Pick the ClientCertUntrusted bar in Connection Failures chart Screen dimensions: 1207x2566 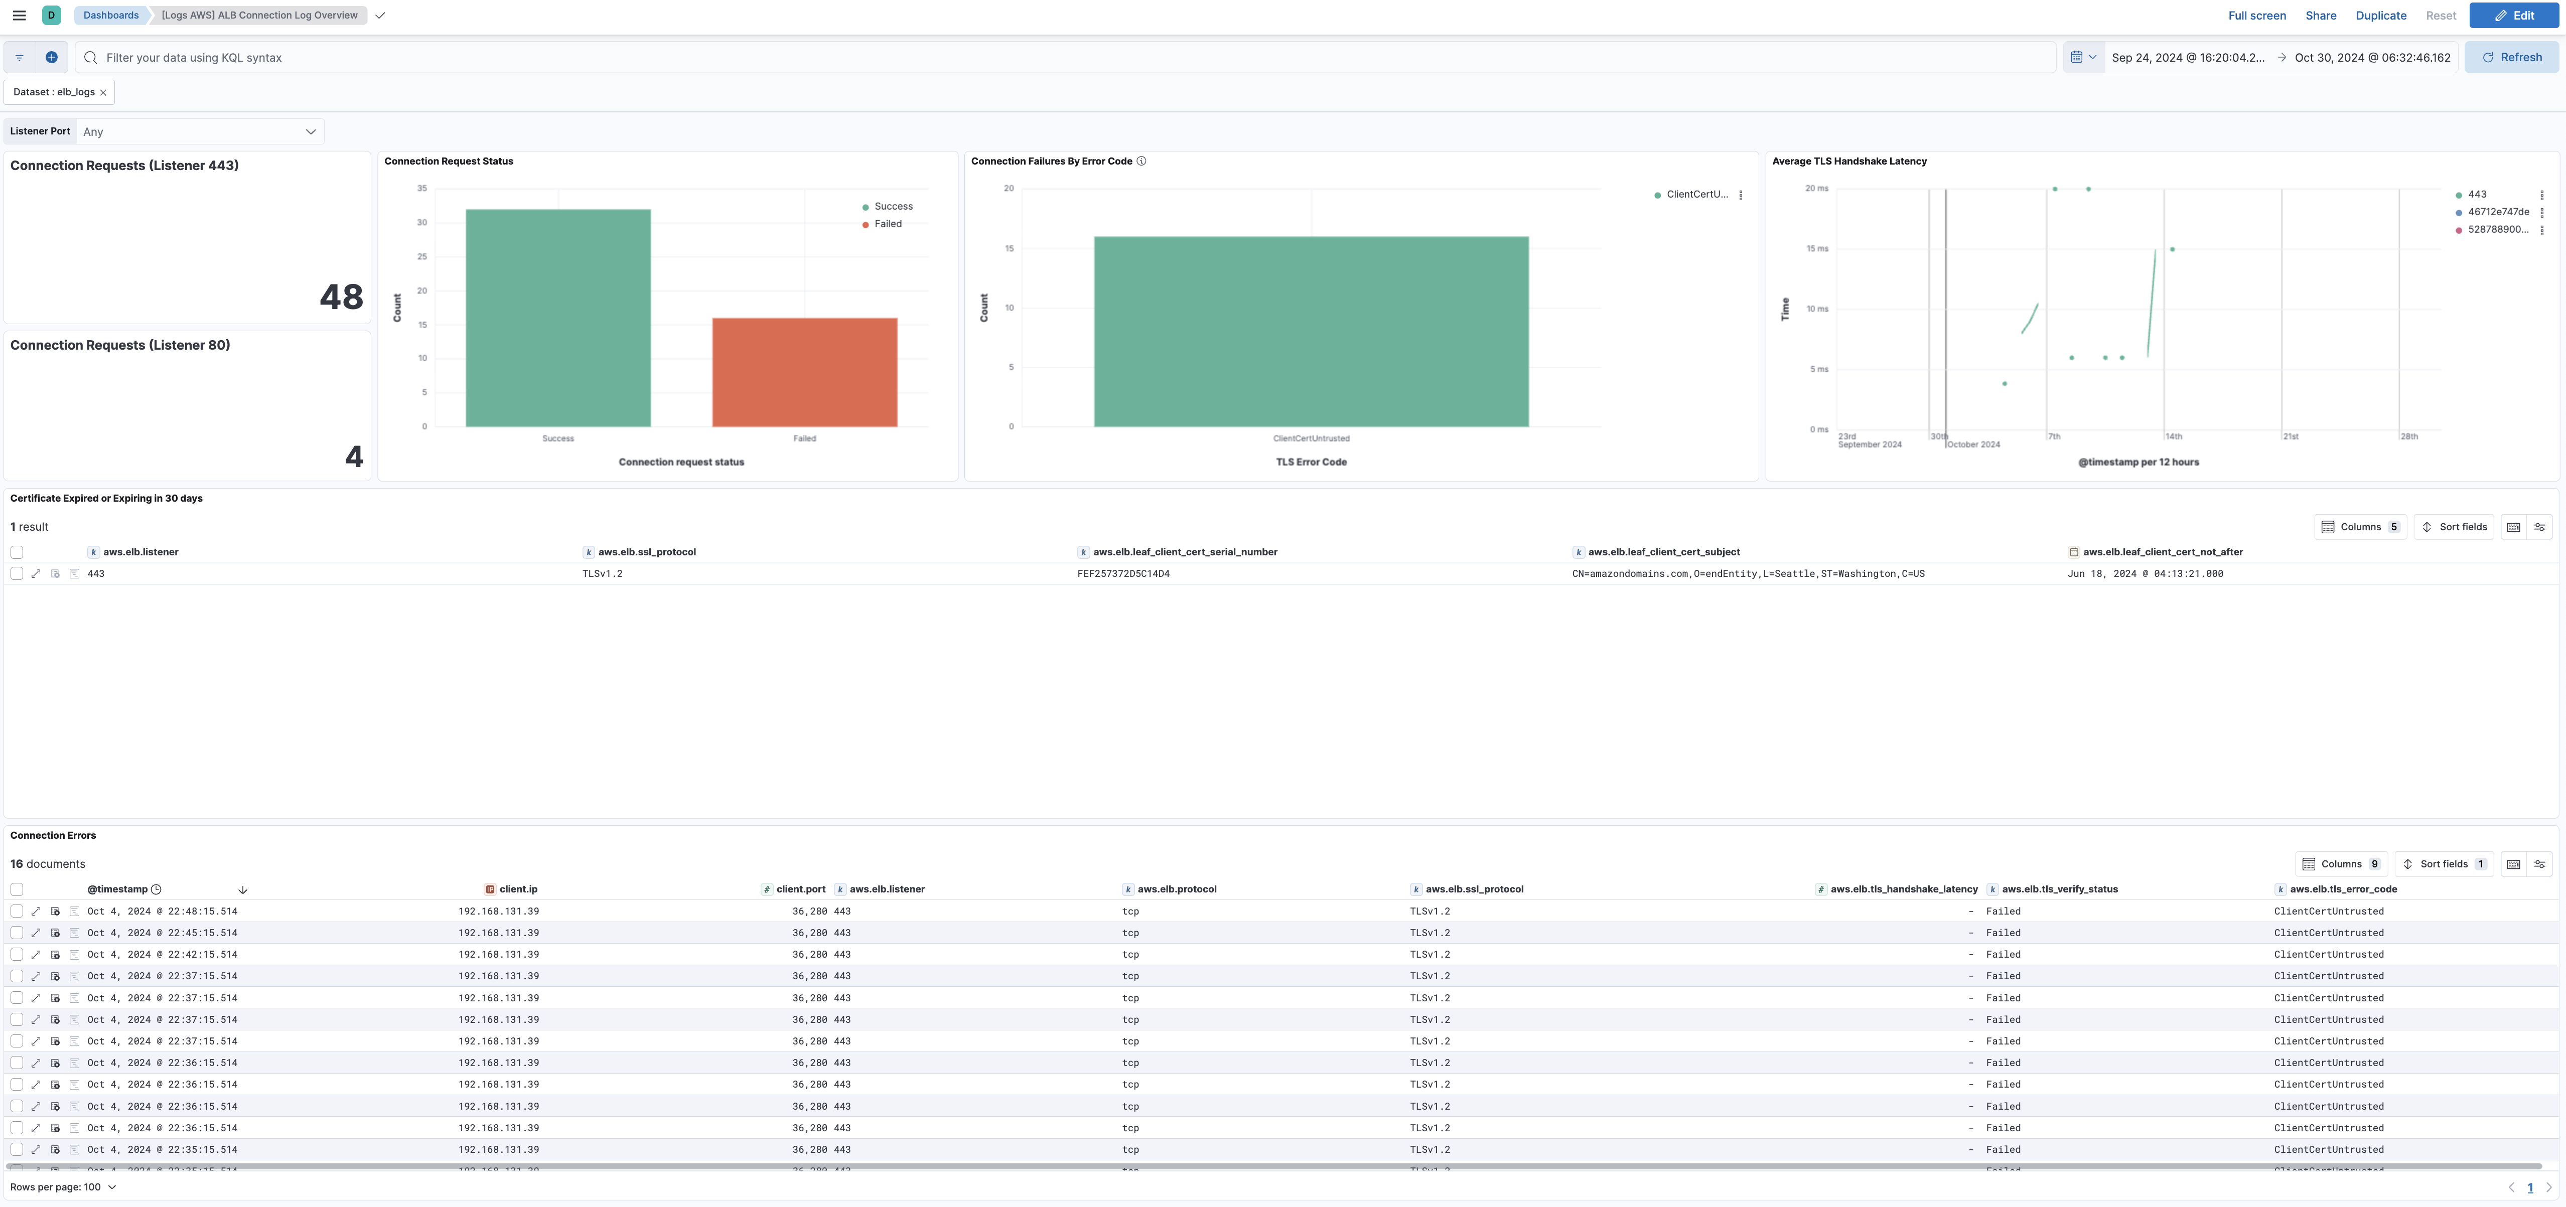1311,332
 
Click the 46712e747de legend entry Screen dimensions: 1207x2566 2497,212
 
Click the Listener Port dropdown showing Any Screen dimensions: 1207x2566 199,131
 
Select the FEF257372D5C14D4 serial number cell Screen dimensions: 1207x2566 1122,573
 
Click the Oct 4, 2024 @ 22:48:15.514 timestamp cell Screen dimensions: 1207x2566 163,911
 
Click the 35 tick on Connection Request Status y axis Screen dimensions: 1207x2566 422,188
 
